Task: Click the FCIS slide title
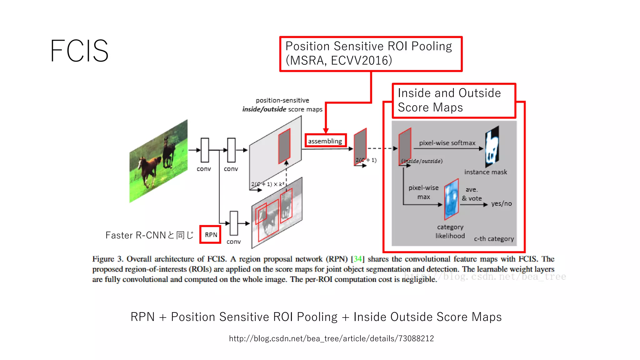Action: (79, 51)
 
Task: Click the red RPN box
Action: (211, 235)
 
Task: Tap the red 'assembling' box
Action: (325, 141)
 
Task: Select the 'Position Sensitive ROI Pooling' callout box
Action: (370, 53)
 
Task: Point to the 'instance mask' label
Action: (485, 172)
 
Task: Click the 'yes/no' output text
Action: (501, 203)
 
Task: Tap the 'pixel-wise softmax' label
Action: (447, 143)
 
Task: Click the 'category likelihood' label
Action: (450, 231)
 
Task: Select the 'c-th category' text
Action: (494, 239)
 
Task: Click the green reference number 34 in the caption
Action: (357, 259)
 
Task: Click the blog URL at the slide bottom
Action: (331, 338)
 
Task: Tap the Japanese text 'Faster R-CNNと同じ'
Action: (149, 235)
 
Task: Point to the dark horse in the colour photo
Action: (169, 152)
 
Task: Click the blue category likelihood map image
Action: (451, 199)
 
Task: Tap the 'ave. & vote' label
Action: (472, 194)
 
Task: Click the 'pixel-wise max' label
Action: (423, 192)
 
